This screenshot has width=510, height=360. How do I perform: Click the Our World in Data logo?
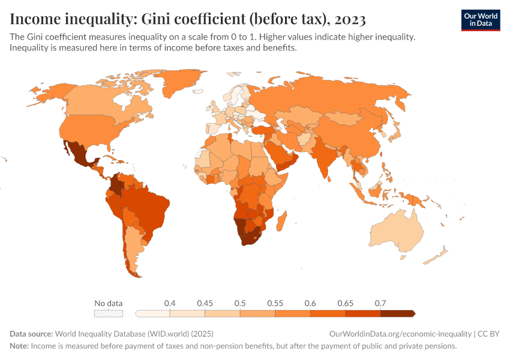pos(480,19)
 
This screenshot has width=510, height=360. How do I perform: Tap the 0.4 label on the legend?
pos(170,303)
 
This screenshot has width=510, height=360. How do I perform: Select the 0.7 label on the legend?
pos(380,303)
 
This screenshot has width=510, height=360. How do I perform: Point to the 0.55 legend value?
pos(275,303)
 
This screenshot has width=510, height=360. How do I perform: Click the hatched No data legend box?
pos(109,313)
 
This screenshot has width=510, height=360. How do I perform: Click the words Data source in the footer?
pos(31,334)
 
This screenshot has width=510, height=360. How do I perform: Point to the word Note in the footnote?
pos(19,346)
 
